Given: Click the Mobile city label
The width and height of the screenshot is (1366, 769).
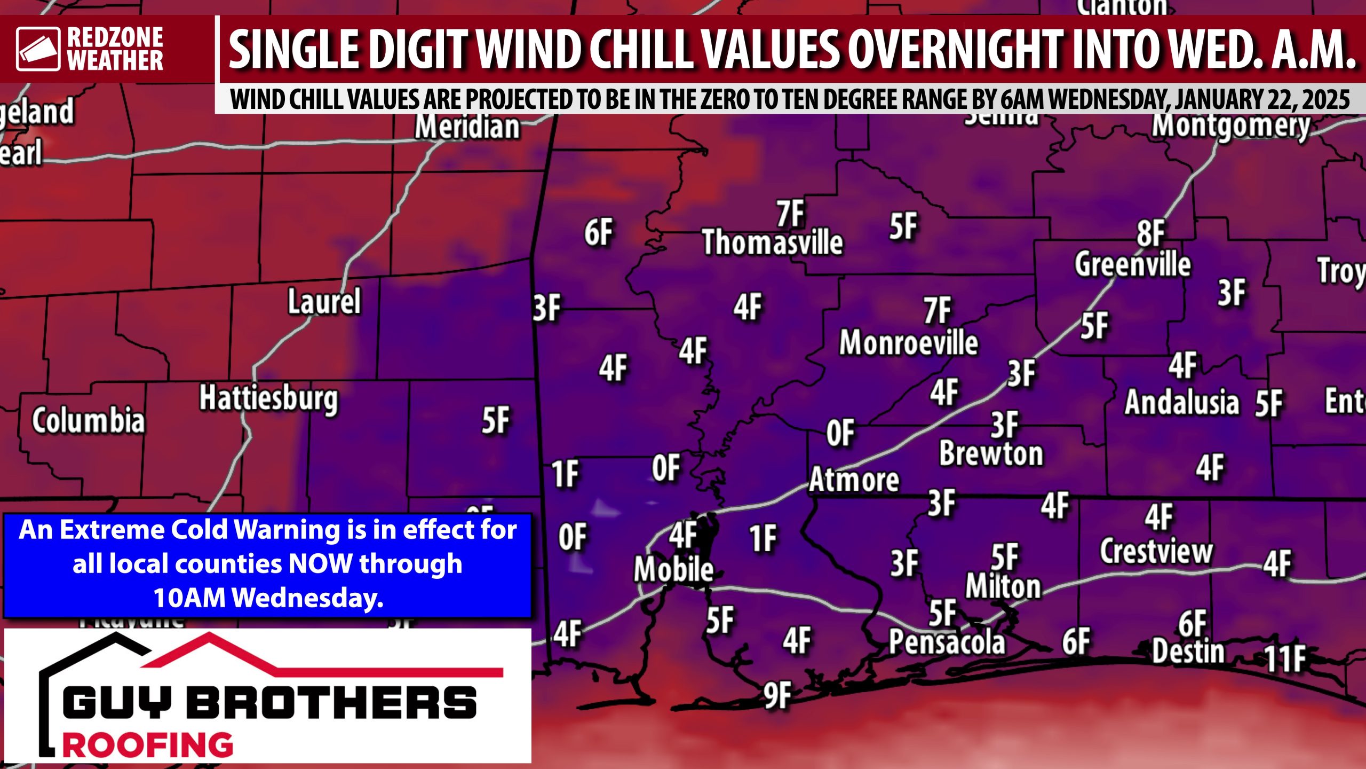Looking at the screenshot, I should (x=673, y=569).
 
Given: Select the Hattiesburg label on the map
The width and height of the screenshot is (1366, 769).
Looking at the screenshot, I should (x=268, y=399).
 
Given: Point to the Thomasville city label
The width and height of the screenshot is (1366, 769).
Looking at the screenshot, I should (x=772, y=242).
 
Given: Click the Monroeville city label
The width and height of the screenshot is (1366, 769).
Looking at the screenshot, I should (x=908, y=342).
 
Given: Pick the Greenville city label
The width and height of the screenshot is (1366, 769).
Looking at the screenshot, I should (x=1132, y=264).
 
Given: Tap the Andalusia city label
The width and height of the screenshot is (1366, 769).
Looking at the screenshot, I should (x=1181, y=402).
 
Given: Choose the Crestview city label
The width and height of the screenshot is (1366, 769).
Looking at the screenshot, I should (x=1156, y=551).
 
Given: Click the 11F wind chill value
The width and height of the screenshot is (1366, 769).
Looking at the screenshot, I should (x=1285, y=658).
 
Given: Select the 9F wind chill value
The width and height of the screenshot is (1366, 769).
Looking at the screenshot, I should (x=776, y=695).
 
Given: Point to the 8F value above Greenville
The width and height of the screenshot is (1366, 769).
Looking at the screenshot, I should (x=1150, y=233).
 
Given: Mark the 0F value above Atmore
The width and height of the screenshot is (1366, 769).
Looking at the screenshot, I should (x=840, y=433).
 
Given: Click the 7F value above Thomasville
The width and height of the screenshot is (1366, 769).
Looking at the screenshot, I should (x=790, y=214).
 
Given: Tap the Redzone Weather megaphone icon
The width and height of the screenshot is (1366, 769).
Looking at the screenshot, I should (x=38, y=49).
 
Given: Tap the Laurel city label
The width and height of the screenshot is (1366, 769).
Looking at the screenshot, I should (x=324, y=301).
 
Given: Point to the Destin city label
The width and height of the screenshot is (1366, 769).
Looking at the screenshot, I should (x=1188, y=652).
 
